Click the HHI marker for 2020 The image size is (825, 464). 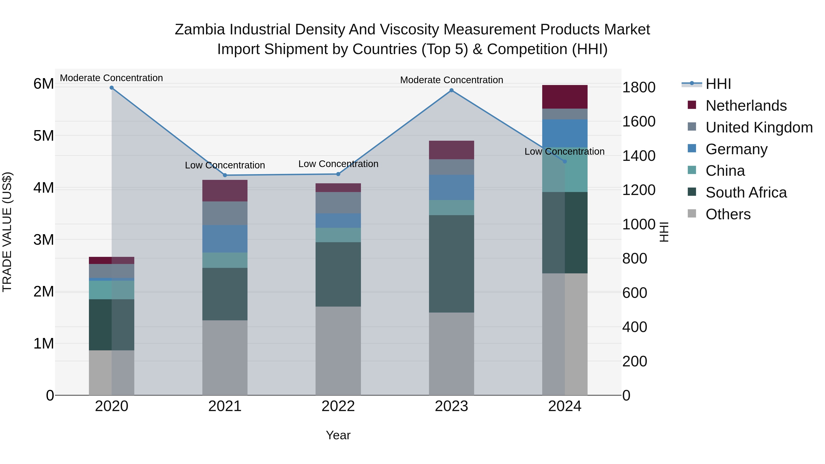click(x=111, y=88)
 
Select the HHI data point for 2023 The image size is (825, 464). click(x=451, y=90)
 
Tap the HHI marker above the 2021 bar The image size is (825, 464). click(x=225, y=175)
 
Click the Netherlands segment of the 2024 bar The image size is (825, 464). click(x=565, y=97)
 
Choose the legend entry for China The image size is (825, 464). click(x=725, y=171)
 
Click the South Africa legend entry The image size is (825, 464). click(x=746, y=192)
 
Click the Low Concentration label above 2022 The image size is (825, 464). click(x=338, y=164)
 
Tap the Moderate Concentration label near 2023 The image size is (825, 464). click(x=451, y=80)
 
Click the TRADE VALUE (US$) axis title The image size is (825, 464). click(x=7, y=232)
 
